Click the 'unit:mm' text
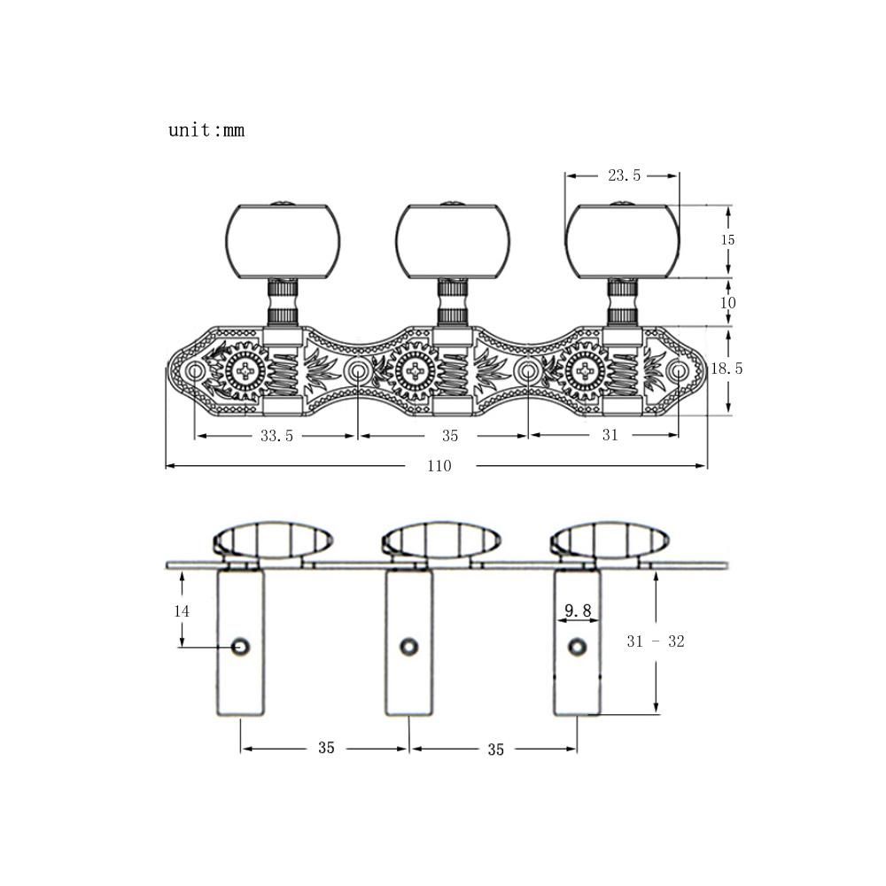[206, 130]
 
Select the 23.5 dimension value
[625, 175]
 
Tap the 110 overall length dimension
[439, 466]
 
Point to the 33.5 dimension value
[276, 436]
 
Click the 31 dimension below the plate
[610, 434]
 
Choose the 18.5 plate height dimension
[727, 369]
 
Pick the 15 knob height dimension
[727, 239]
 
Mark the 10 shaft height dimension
[727, 303]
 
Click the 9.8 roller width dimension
[578, 610]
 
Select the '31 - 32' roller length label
[656, 641]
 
